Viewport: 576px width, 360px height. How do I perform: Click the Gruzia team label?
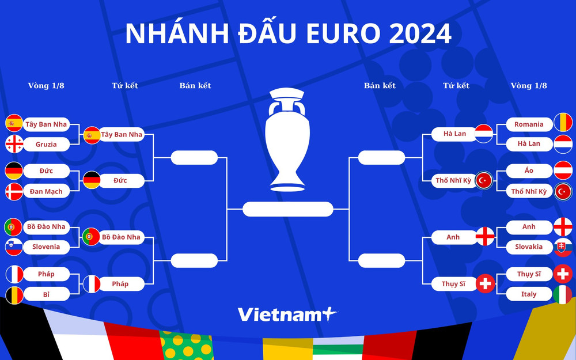[x=46, y=144]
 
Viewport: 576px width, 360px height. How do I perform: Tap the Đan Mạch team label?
[x=46, y=191]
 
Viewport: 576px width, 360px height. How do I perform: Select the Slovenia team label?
[x=46, y=247]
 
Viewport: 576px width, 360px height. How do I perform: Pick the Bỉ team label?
[x=46, y=294]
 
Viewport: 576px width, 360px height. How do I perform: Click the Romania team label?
[x=529, y=124]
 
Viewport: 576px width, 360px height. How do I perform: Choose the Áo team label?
[x=529, y=171]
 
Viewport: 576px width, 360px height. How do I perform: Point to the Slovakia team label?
[x=529, y=247]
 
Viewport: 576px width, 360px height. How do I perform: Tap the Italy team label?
[x=529, y=294]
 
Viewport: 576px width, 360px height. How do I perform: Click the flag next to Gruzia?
[x=14, y=143]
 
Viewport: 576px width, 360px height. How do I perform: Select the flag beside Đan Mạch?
[x=14, y=191]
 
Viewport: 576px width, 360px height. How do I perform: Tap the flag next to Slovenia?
[x=14, y=247]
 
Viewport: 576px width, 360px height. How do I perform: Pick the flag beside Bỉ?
[x=14, y=294]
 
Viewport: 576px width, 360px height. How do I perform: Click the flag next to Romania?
[x=563, y=123]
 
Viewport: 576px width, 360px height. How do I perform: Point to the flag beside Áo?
[x=563, y=170]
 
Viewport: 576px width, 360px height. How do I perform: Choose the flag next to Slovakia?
[x=563, y=247]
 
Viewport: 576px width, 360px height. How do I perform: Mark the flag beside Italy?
[x=563, y=294]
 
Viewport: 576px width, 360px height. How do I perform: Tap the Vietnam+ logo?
[x=286, y=314]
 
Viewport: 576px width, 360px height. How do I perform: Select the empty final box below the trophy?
[x=288, y=209]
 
